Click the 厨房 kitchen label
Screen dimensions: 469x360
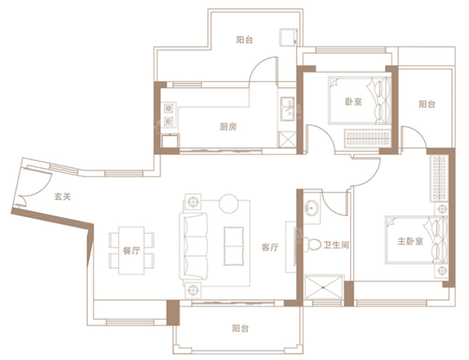point(228,127)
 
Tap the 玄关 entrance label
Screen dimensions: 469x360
point(63,197)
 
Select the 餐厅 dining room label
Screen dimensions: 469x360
point(132,250)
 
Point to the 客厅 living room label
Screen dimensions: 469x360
point(270,248)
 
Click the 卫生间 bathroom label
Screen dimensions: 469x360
point(336,245)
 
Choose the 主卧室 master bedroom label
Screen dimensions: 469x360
point(410,241)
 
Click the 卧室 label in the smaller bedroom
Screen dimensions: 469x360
point(353,102)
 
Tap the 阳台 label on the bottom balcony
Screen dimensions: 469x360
point(240,328)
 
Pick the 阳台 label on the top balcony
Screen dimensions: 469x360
point(245,40)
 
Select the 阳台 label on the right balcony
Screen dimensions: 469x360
point(427,104)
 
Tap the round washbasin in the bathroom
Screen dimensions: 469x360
point(311,207)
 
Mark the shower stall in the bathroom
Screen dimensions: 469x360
point(323,288)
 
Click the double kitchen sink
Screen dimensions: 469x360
point(288,109)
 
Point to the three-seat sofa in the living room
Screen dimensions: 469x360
point(194,246)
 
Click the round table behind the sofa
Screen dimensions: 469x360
point(229,203)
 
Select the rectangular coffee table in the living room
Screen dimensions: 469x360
point(234,246)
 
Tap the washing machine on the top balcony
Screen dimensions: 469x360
point(289,37)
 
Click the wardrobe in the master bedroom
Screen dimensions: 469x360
point(439,178)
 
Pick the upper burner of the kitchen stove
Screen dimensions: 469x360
point(168,108)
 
